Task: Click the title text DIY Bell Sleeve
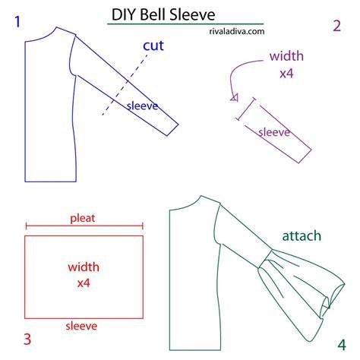163,14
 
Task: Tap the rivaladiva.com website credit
237,31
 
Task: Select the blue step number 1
17,22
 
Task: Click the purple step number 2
336,26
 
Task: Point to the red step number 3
27,339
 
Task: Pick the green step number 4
342,345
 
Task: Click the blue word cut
153,46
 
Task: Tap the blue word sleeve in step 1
142,106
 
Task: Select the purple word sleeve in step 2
274,132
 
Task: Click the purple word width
286,56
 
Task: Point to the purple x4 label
286,74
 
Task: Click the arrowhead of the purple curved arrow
235,98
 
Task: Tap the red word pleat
83,218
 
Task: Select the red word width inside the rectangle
84,267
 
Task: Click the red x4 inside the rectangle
84,283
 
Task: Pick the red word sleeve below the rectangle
81,326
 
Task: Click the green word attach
302,235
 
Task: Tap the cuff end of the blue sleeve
172,130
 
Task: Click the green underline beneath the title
185,24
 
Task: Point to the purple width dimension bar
245,109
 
